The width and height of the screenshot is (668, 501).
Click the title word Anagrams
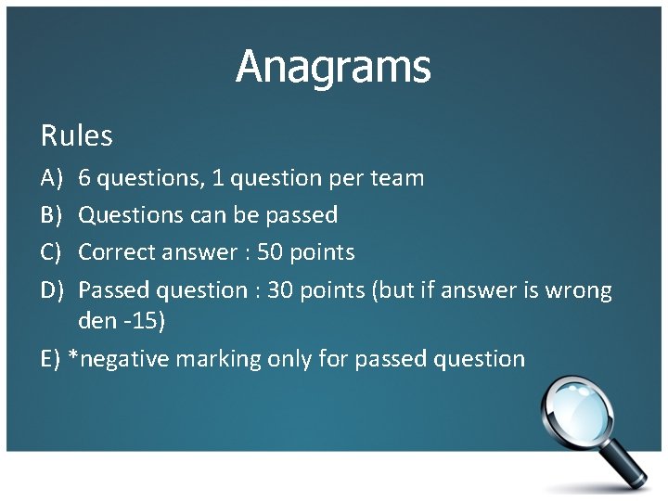click(333, 67)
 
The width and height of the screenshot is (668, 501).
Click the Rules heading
click(77, 136)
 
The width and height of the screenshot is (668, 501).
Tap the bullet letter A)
click(51, 178)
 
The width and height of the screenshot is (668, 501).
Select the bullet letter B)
click(51, 215)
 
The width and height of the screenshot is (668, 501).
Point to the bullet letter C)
click(51, 252)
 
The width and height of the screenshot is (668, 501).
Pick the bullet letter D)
click(52, 290)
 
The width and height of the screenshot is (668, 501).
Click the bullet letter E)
click(51, 359)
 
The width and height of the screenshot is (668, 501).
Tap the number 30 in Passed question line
click(280, 290)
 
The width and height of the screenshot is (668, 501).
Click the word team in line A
click(399, 178)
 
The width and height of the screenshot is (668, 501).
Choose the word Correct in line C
click(118, 252)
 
